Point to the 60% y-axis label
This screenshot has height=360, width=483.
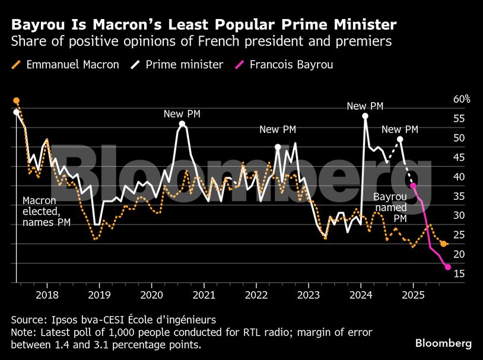coord(461,99)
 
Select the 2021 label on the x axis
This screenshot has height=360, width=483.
coord(204,295)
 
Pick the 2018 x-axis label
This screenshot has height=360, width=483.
coord(47,295)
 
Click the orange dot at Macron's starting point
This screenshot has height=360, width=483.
coord(16,101)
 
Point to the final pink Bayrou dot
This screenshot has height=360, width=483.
coord(448,267)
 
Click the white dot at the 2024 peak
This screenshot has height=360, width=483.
coord(365,116)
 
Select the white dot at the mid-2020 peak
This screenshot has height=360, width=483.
coord(182,124)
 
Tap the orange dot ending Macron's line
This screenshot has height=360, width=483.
coord(443,244)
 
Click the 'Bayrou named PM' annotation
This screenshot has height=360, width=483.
coord(390,208)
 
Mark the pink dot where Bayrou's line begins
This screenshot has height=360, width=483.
coord(413,186)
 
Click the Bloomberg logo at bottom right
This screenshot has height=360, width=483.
coord(443,343)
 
